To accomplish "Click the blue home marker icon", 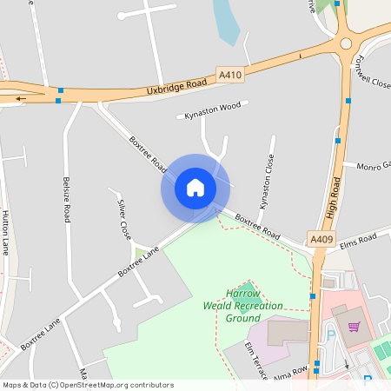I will click(x=195, y=188).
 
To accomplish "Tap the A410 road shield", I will click(x=230, y=76).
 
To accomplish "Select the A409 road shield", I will click(x=321, y=237).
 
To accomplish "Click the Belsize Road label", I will click(x=66, y=200).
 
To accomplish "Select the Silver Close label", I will click(x=124, y=219).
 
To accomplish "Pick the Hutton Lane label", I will click(x=5, y=232).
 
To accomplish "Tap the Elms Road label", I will click(x=357, y=239).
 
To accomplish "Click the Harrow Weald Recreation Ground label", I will click(x=243, y=306).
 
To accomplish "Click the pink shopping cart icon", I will click(x=354, y=327).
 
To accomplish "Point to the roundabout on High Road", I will click(x=345, y=41).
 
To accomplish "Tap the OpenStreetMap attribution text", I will click(x=88, y=385).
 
